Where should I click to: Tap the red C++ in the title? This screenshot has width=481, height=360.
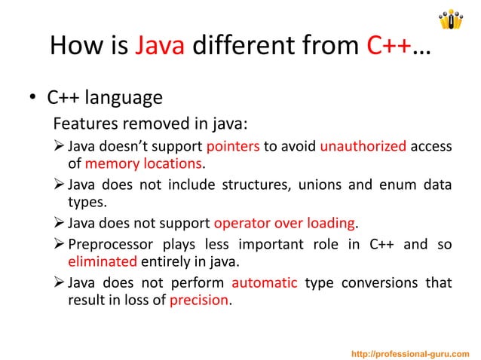pos(389,48)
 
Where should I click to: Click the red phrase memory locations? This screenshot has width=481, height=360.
pos(144,164)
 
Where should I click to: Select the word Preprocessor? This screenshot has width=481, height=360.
pos(108,245)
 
